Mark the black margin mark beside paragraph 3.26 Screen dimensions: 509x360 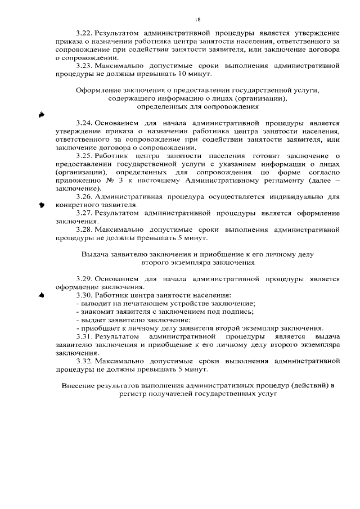pyautogui.click(x=41, y=205)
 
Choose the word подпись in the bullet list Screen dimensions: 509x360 pyautogui.click(x=238, y=312)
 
